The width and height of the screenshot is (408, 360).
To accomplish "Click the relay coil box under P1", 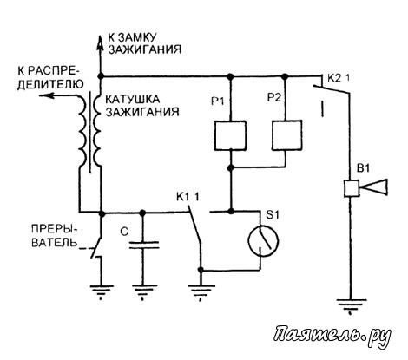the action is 230,135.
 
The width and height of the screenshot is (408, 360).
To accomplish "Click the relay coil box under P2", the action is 286,135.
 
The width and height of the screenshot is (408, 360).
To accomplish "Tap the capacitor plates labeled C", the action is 144,245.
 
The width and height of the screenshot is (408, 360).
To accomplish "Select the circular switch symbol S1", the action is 263,240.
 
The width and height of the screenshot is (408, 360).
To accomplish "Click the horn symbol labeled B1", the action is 365,188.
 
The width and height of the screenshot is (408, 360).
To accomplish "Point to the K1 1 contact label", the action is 188,197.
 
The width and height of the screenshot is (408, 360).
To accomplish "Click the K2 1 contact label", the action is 339,78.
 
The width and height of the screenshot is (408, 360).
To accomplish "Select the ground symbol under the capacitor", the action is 142,291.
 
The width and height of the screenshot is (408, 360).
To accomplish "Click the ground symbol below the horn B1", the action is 351,306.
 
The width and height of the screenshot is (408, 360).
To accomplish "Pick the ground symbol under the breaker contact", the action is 101,291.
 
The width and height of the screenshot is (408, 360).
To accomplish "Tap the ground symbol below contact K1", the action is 201,291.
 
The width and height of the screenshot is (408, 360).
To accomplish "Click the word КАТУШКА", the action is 132,99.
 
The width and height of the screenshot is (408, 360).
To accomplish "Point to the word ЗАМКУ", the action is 136,37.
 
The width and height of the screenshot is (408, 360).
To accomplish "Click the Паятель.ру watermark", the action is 332,336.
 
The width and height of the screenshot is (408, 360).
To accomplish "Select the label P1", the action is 218,101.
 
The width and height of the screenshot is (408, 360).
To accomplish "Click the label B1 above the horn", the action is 364,168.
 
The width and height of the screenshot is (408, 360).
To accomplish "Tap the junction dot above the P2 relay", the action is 286,76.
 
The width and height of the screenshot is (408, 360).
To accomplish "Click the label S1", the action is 273,214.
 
